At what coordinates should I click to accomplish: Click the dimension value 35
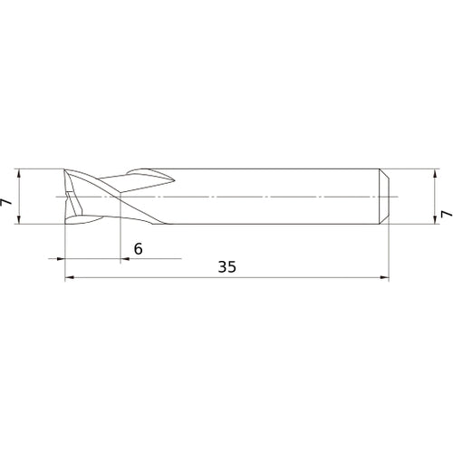[226, 267]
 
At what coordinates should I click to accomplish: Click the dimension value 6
[138, 248]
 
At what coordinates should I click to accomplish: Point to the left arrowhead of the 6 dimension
[61, 259]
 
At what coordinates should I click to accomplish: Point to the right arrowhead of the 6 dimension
[124, 259]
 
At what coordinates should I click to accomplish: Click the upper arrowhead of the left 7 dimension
[18, 173]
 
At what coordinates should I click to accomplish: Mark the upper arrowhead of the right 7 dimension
[434, 173]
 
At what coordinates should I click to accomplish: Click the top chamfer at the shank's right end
[385, 172]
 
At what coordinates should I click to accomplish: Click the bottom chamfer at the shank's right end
[385, 220]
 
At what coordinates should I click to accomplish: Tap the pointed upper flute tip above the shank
[166, 176]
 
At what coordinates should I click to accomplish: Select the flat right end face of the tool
[390, 196]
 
